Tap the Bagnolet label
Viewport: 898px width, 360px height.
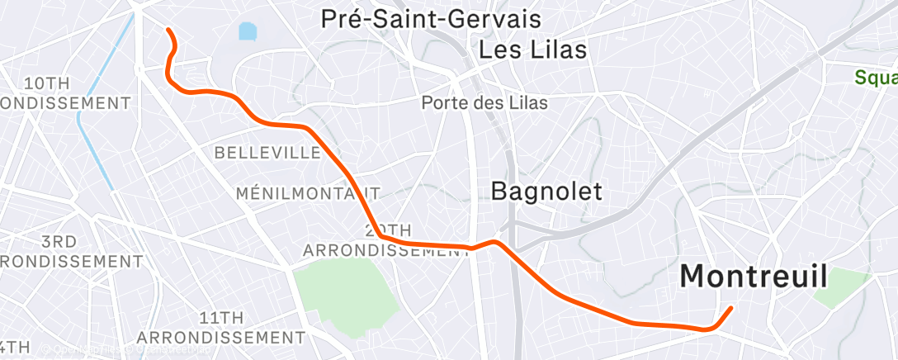pos(546,191)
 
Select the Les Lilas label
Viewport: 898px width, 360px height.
pos(532,50)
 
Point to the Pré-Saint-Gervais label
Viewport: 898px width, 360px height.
pos(430,19)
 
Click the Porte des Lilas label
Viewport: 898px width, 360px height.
pos(484,102)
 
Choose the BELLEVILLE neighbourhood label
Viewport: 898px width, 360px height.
pos(267,153)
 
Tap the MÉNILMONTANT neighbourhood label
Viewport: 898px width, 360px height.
pos(308,193)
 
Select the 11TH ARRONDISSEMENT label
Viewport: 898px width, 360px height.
pos(220,328)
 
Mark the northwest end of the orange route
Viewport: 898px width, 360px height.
pos(168,30)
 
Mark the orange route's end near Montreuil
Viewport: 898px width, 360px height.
pos(730,309)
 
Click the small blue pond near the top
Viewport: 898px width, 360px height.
pos(248,32)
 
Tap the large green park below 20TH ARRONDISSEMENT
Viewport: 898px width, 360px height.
pos(347,289)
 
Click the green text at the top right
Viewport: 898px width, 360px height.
pos(876,78)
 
